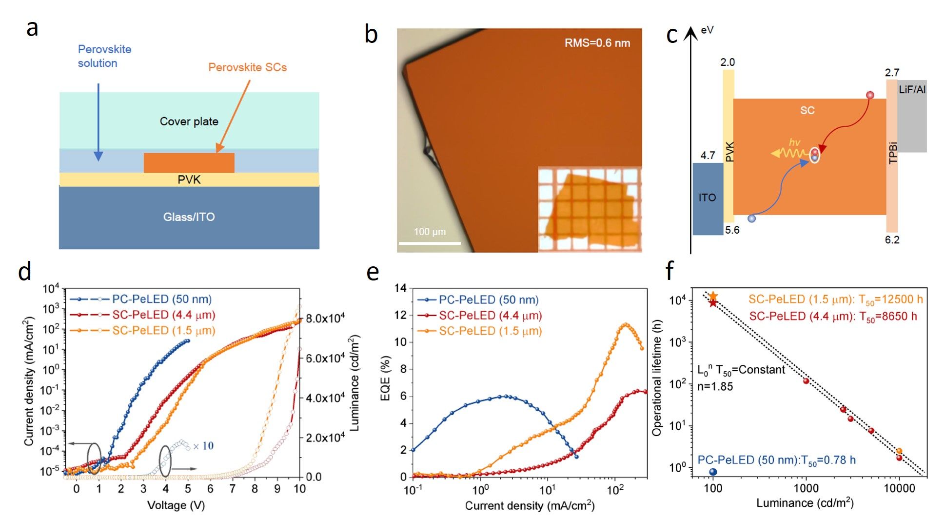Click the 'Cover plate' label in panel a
pyautogui.click(x=189, y=121)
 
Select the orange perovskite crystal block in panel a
pyautogui.click(x=189, y=162)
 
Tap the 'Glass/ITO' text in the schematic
pyautogui.click(x=189, y=217)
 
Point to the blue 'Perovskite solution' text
pyautogui.click(x=104, y=56)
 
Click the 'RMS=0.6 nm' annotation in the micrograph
pyautogui.click(x=597, y=43)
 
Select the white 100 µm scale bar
pyautogui.click(x=430, y=242)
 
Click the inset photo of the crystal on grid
pyautogui.click(x=590, y=210)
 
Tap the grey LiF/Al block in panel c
pyautogui.click(x=912, y=117)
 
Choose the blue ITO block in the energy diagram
pyautogui.click(x=708, y=198)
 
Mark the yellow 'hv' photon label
pyautogui.click(x=794, y=142)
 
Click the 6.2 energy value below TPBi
pyautogui.click(x=892, y=240)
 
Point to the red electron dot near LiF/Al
pyautogui.click(x=870, y=95)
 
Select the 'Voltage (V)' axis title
pyautogui.click(x=176, y=505)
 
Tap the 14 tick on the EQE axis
pyautogui.click(x=400, y=288)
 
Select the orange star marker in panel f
pyautogui.click(x=713, y=296)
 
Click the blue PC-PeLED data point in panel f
pyautogui.click(x=713, y=472)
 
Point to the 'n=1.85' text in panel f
pyautogui.click(x=715, y=386)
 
